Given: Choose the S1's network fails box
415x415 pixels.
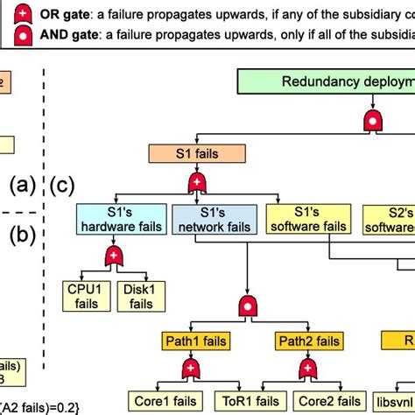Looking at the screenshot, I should pos(215,220).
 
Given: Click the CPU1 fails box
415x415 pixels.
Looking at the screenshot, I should pos(85,295).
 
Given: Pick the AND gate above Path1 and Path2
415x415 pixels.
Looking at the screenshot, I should pos(249,306).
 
